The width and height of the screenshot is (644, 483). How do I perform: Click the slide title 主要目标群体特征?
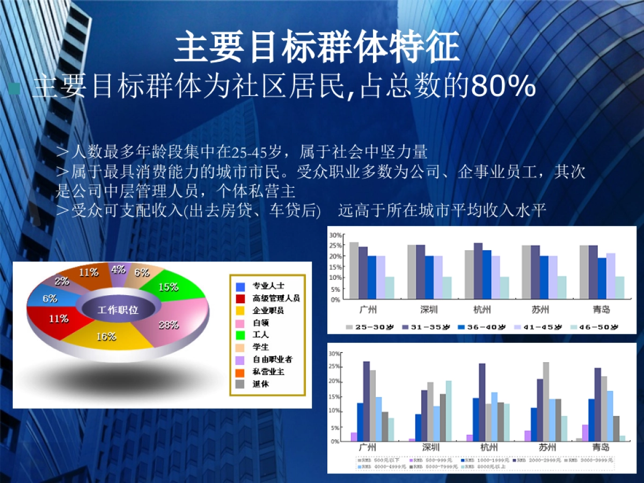(x=317, y=47)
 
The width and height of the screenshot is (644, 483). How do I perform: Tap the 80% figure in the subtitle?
(x=503, y=87)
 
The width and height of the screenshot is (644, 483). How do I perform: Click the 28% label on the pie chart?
(x=169, y=325)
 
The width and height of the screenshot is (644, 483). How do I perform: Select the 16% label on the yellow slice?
(x=106, y=336)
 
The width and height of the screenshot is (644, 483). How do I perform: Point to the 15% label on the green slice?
(x=168, y=287)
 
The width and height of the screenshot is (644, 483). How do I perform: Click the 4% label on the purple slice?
(x=118, y=270)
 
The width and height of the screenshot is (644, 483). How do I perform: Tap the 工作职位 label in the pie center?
(x=118, y=310)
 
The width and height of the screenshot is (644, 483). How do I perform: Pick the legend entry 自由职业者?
(x=272, y=360)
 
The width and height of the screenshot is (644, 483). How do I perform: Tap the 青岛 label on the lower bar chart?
(x=601, y=447)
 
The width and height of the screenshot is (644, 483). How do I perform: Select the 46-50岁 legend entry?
(x=598, y=327)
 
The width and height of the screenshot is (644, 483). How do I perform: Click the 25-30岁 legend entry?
(x=371, y=327)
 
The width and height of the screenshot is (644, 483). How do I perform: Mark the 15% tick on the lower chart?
(x=335, y=397)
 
